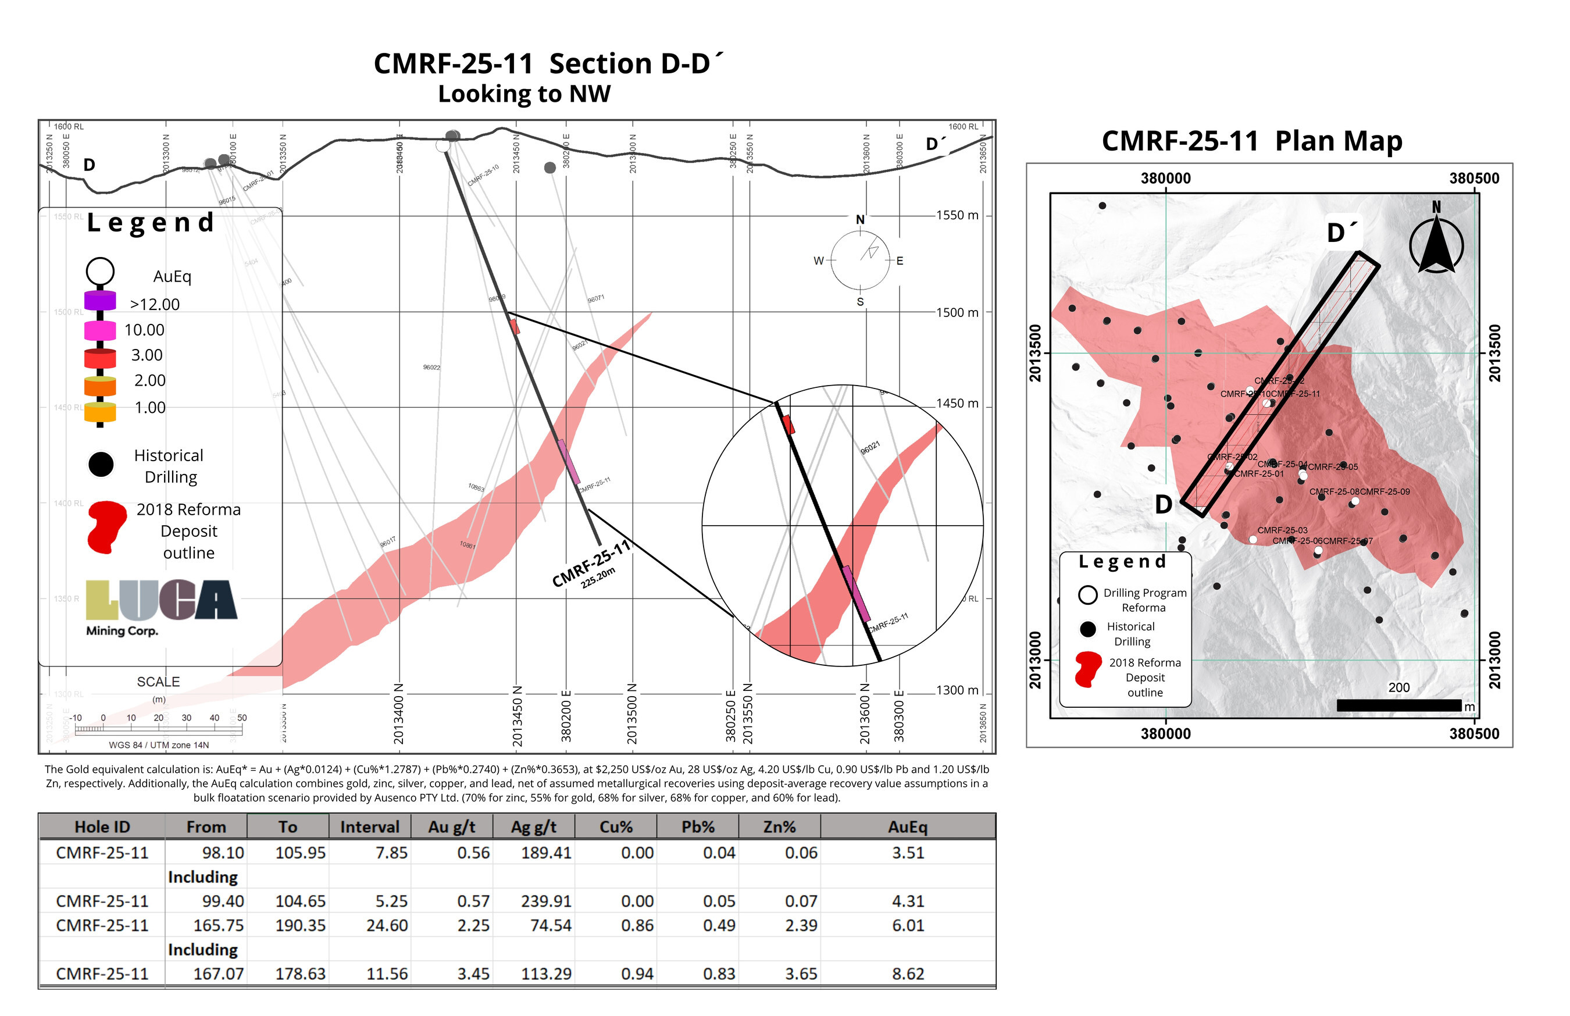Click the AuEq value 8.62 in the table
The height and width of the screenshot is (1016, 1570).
(908, 974)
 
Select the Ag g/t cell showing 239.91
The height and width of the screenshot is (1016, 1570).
(545, 901)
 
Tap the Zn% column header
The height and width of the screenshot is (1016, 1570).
(779, 826)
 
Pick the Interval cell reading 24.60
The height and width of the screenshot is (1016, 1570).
(387, 926)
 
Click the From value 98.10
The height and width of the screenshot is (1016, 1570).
(223, 853)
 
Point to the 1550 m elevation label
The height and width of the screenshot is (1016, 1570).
(957, 215)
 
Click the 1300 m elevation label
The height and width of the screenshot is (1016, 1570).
(957, 690)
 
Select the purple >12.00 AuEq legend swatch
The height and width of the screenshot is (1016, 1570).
(100, 301)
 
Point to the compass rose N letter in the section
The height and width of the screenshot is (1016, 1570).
(860, 220)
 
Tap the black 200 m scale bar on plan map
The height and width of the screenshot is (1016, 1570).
(1398, 705)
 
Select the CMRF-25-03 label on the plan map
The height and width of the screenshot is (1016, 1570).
(1282, 530)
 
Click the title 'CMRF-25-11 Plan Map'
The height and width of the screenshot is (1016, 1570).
(1251, 141)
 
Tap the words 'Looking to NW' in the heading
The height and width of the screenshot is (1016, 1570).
(524, 94)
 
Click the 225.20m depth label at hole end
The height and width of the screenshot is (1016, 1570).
(598, 578)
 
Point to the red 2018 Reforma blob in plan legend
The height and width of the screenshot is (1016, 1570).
(1088, 669)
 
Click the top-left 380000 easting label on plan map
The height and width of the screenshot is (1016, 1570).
(1166, 179)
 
